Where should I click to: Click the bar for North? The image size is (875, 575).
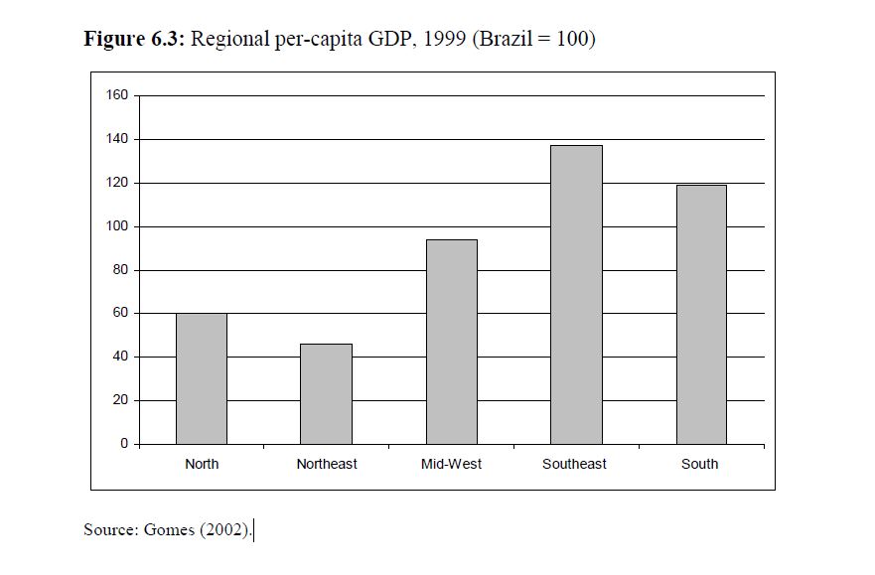202,378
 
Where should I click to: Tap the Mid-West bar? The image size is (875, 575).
451,342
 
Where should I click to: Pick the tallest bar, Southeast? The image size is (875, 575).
576,294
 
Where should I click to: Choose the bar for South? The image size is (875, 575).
701,314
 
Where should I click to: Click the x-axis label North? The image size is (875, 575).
202,464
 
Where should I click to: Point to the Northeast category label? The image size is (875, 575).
327,464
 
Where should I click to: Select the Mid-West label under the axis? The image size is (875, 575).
451,464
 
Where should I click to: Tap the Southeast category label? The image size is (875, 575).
575,464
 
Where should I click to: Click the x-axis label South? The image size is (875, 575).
700,464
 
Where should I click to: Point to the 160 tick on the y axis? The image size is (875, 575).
117,95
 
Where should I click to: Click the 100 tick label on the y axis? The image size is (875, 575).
117,226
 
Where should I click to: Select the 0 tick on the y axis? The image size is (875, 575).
124,444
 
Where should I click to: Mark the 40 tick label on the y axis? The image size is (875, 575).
120,357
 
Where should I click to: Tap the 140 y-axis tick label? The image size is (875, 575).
117,139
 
